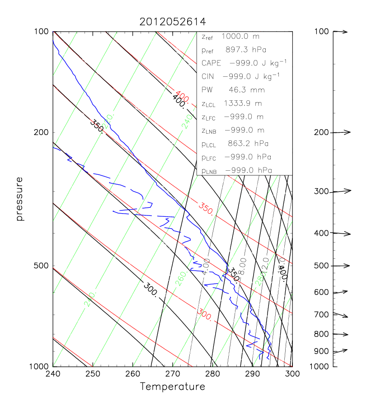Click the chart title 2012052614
(x=172, y=22)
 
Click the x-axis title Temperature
(x=172, y=387)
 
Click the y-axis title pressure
(x=19, y=199)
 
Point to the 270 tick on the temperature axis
(x=173, y=374)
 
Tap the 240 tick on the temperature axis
(x=53, y=374)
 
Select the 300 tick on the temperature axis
(x=292, y=374)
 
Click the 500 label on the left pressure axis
(x=42, y=266)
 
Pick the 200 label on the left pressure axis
(x=42, y=132)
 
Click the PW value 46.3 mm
(x=240, y=90)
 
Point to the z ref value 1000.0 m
(x=243, y=36)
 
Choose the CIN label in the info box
(x=208, y=76)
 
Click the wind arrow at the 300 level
(x=342, y=191)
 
